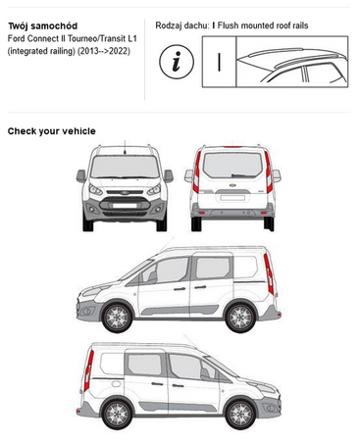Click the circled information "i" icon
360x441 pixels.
tap(177, 62)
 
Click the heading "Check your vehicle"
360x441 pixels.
tap(52, 131)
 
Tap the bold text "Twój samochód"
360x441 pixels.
tap(43, 26)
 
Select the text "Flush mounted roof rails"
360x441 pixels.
tap(263, 25)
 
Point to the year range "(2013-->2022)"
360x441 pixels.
tap(104, 51)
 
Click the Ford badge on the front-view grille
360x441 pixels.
tap(125, 192)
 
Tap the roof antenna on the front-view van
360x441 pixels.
tap(125, 148)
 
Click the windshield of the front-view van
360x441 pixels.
tap(125, 167)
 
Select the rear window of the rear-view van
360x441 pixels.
tap(232, 166)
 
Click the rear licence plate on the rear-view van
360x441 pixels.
tap(232, 198)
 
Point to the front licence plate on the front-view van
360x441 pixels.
tap(125, 206)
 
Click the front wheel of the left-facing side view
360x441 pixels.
tap(117, 317)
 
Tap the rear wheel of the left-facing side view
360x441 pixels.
tap(240, 317)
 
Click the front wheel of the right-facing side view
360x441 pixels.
tap(240, 414)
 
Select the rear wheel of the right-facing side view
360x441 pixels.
tap(117, 414)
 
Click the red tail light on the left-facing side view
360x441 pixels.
tap(269, 273)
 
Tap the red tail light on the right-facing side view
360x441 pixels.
tap(88, 370)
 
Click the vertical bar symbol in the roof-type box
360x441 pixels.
tap(219, 62)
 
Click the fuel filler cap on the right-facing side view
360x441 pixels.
tap(116, 384)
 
